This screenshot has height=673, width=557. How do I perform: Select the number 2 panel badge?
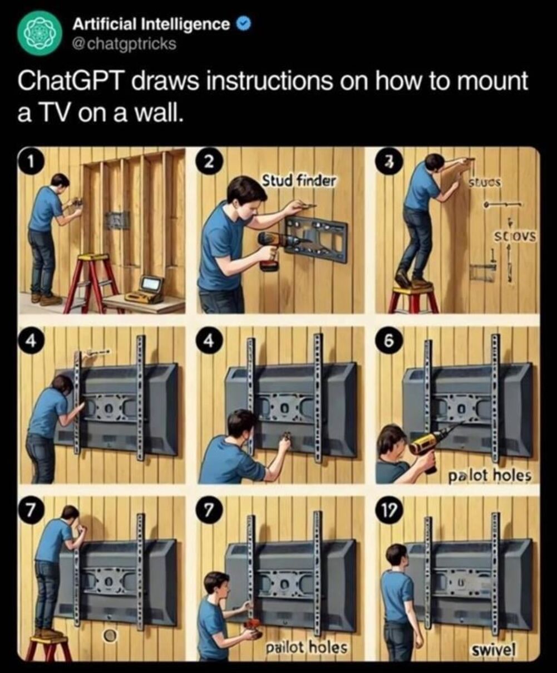(208, 162)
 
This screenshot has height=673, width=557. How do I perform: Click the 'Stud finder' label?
(298, 181)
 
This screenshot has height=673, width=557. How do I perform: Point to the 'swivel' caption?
(493, 649)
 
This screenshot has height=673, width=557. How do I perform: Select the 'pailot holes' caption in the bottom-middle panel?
(306, 647)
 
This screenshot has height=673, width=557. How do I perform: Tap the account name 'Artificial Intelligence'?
(151, 24)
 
